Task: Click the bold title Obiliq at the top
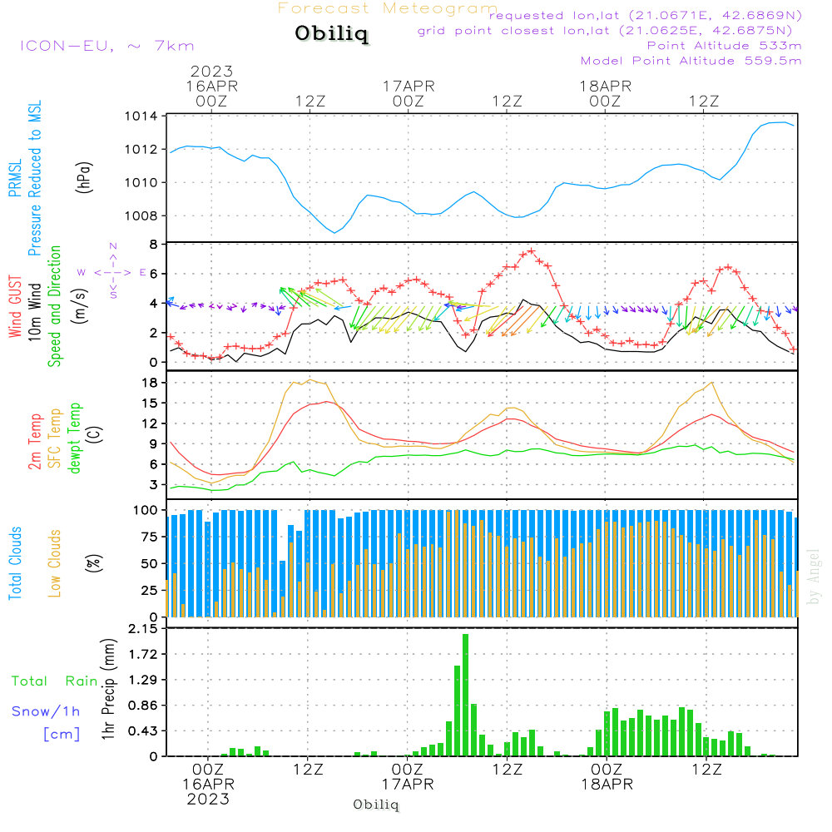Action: click(330, 34)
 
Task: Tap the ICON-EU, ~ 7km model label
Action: click(106, 46)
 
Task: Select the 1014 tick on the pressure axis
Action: click(140, 116)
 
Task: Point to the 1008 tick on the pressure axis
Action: click(140, 216)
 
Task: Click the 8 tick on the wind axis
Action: click(154, 245)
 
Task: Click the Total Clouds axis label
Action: click(14, 562)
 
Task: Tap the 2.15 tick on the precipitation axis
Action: click(144, 629)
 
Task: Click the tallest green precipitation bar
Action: click(465, 695)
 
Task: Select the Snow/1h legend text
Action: click(46, 711)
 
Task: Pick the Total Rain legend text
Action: click(55, 681)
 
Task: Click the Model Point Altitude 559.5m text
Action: click(691, 61)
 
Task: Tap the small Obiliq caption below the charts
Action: click(376, 805)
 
